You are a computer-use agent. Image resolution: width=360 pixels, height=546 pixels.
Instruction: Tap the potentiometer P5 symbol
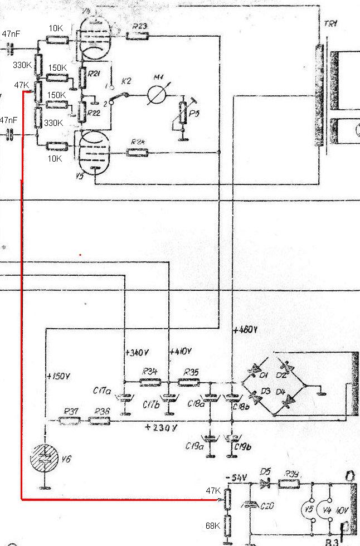click(181, 115)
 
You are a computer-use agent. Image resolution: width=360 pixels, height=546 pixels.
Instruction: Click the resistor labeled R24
click(137, 152)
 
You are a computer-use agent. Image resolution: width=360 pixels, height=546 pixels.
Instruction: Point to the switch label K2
click(127, 81)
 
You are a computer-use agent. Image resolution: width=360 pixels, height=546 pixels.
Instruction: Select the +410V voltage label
click(181, 352)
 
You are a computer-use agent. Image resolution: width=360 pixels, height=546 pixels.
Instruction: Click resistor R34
click(149, 382)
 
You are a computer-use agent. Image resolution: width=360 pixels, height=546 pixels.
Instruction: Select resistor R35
click(188, 382)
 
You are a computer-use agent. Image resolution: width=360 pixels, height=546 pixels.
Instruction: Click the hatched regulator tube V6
click(44, 458)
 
